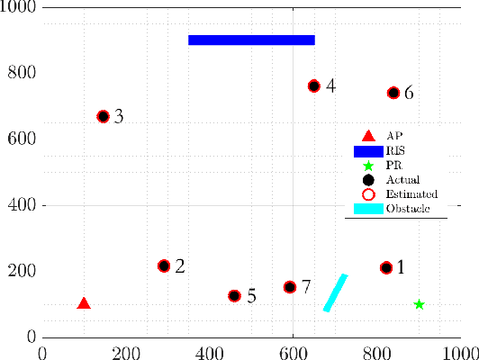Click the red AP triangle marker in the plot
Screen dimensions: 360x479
click(x=84, y=304)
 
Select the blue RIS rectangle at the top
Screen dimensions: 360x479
click(x=251, y=40)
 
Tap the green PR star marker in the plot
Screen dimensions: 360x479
click(x=419, y=304)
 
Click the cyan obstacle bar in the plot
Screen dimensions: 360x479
click(x=335, y=292)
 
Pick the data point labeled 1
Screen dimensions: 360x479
click(x=386, y=267)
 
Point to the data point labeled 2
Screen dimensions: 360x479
click(x=164, y=265)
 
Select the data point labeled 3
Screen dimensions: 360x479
click(x=103, y=116)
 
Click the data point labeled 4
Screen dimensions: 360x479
click(x=313, y=85)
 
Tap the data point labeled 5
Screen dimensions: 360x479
click(x=234, y=295)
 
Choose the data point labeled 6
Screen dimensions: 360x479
click(x=393, y=93)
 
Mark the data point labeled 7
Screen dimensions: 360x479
click(x=290, y=286)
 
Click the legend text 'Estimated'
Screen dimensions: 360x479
click(x=411, y=193)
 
